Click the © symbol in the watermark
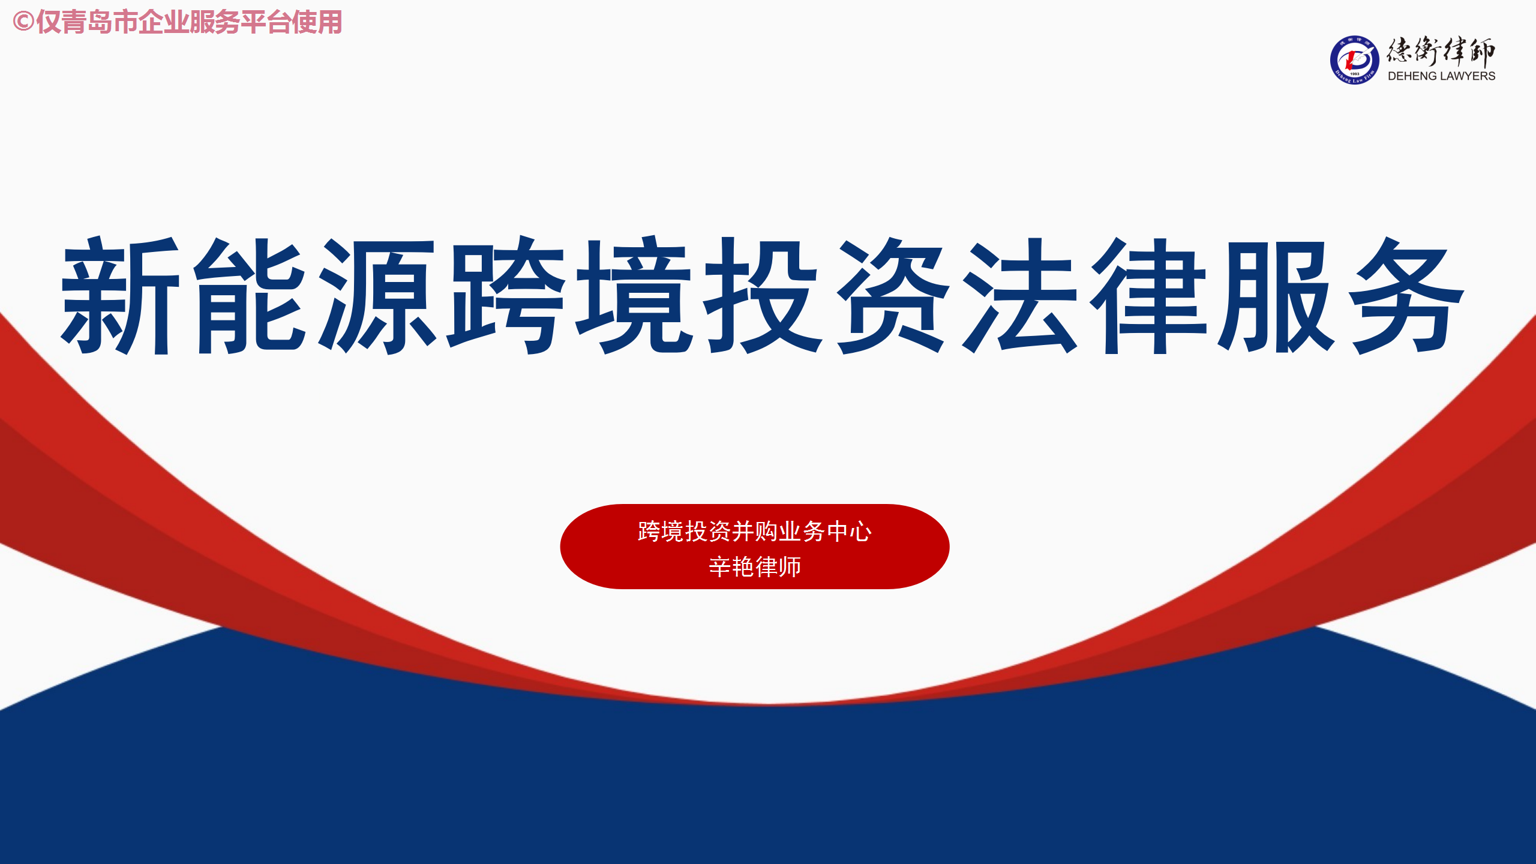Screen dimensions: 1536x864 pyautogui.click(x=23, y=22)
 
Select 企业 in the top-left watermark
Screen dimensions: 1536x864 pyautogui.click(x=164, y=22)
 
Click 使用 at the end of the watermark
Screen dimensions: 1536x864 pyautogui.click(x=317, y=22)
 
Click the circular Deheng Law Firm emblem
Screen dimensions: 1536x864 pyautogui.click(x=1354, y=60)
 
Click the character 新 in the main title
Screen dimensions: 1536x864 pyautogui.click(x=121, y=295)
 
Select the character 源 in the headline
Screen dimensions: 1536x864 pyautogui.click(x=377, y=295)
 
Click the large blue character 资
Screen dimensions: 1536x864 pyautogui.click(x=894, y=295)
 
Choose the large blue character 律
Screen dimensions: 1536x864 pyautogui.click(x=1150, y=295)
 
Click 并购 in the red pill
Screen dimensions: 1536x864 pyautogui.click(x=754, y=532)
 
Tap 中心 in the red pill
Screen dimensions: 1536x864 pyautogui.click(x=849, y=532)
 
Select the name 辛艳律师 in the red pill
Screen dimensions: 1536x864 pyautogui.click(x=755, y=566)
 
